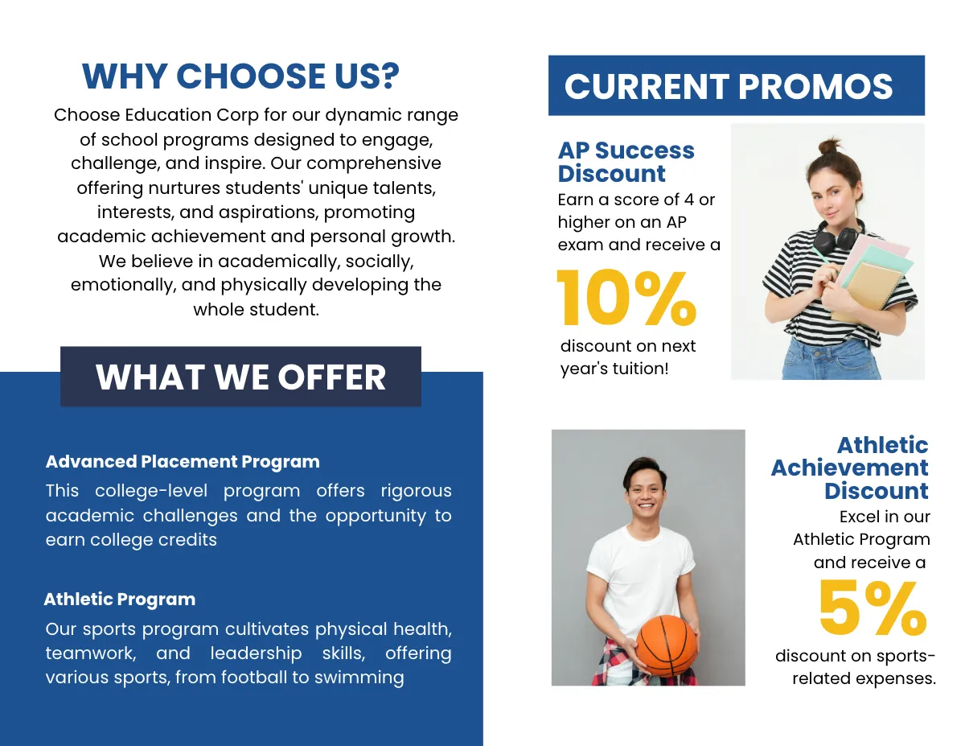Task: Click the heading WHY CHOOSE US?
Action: click(x=240, y=76)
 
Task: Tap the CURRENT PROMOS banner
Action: click(x=729, y=86)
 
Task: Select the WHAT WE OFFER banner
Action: click(x=240, y=377)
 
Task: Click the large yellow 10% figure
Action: click(x=626, y=298)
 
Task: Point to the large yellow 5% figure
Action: click(x=872, y=609)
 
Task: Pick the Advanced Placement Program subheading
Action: click(x=183, y=462)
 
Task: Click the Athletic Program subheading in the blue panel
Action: click(x=120, y=600)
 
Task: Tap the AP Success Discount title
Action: click(x=626, y=162)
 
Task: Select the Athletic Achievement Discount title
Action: click(x=850, y=468)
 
